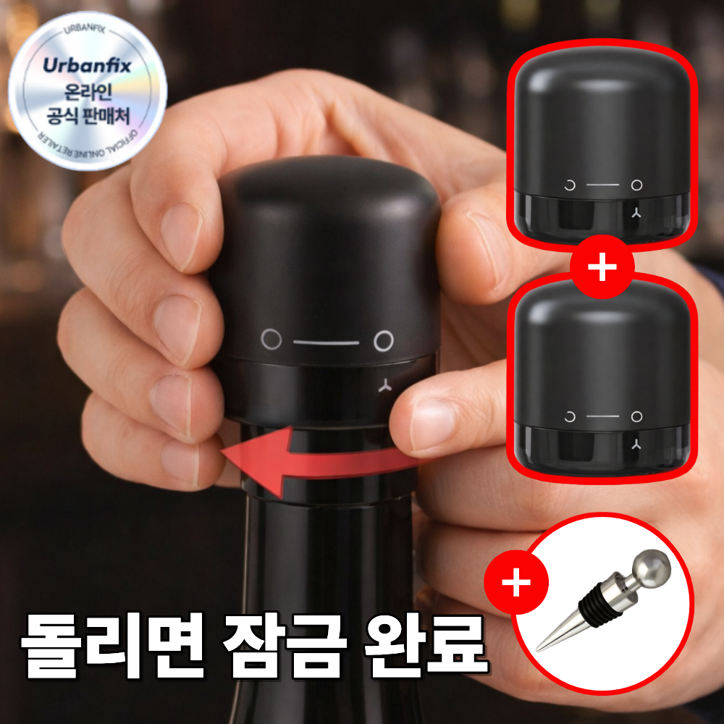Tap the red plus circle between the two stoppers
[602, 268]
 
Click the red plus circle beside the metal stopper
[515, 584]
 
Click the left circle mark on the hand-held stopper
[271, 337]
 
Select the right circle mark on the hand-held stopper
[384, 339]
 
